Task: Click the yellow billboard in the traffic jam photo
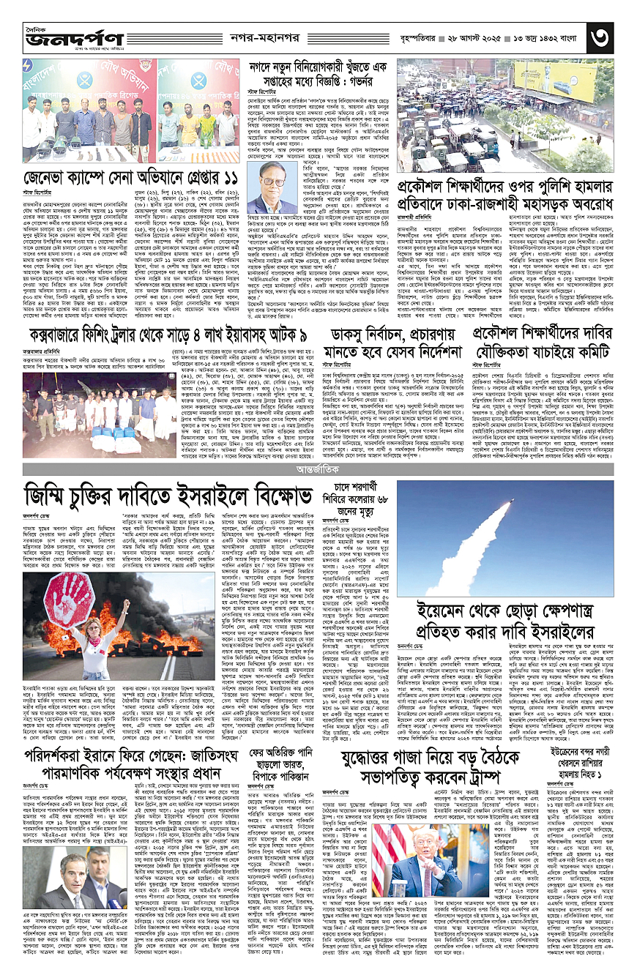coord(559,72)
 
